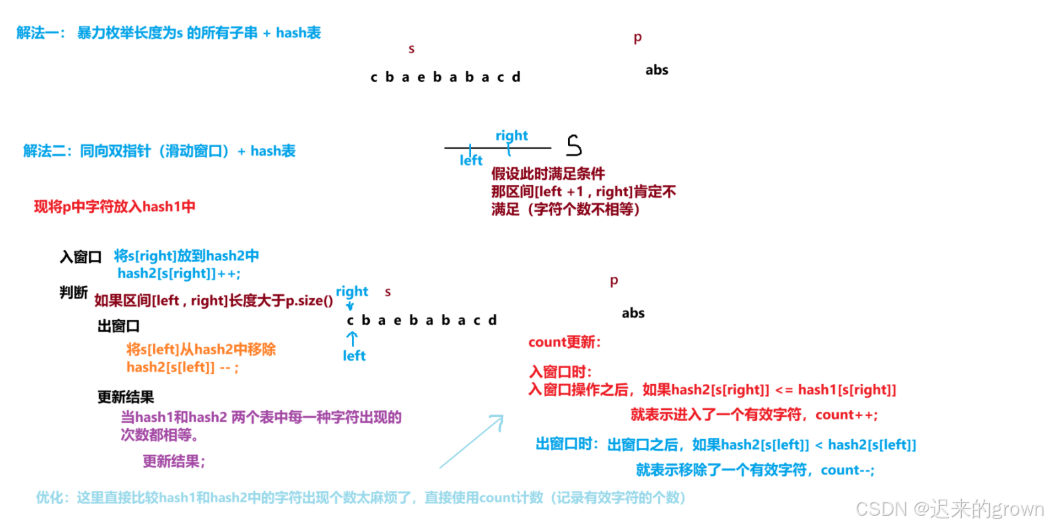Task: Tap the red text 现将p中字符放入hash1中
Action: (x=114, y=206)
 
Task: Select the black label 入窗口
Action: (x=80, y=257)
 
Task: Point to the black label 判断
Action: (x=73, y=292)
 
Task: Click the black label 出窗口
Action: (x=118, y=326)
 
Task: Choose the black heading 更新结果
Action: (x=126, y=397)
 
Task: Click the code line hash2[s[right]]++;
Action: (x=179, y=273)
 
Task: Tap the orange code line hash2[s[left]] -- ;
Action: (x=182, y=367)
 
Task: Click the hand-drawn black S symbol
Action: (x=574, y=145)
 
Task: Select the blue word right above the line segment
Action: (x=512, y=136)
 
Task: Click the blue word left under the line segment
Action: (x=471, y=160)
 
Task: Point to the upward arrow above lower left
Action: (x=352, y=338)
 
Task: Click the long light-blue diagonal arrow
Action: (x=472, y=442)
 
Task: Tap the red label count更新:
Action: (x=564, y=342)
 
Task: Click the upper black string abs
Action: (x=657, y=70)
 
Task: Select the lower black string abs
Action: (x=633, y=313)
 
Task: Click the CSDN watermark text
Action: (x=949, y=509)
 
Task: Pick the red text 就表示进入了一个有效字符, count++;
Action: (x=754, y=415)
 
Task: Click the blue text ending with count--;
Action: (x=755, y=470)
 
